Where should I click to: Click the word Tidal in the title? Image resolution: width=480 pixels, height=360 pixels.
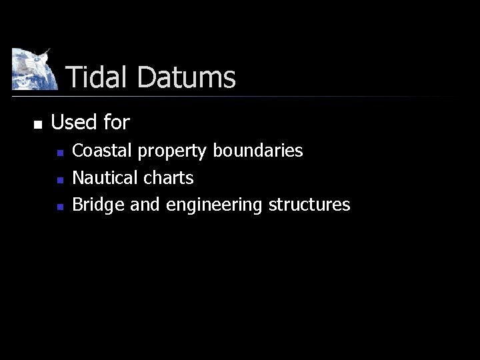click(98, 77)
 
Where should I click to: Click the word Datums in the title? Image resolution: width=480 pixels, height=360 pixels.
click(186, 77)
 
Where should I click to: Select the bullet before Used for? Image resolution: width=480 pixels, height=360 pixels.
click(37, 124)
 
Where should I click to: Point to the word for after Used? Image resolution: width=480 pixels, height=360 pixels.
click(117, 122)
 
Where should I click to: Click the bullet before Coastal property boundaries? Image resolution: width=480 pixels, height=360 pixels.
click(60, 153)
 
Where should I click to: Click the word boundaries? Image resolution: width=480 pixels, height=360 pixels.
click(258, 151)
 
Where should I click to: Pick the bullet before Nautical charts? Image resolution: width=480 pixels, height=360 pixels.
click(60, 180)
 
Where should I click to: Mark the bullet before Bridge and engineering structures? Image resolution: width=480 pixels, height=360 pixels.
click(60, 207)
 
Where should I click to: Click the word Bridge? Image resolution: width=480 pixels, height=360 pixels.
click(98, 205)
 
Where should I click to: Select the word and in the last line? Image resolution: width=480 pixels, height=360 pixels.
click(145, 205)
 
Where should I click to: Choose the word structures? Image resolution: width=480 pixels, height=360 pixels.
click(309, 205)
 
